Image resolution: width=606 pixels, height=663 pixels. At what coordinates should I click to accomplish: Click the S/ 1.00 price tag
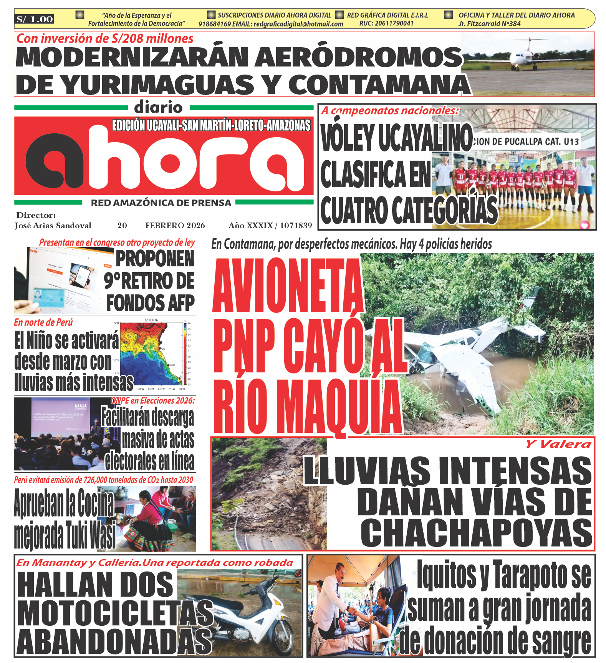coord(35,19)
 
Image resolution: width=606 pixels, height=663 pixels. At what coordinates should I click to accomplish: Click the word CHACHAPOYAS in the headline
coord(476,532)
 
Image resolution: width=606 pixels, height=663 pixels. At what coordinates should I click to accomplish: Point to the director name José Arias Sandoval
coord(53,226)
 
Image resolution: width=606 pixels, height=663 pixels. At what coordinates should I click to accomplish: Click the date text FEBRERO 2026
coord(175,226)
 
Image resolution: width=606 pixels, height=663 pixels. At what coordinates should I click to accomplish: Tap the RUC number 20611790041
coord(386,23)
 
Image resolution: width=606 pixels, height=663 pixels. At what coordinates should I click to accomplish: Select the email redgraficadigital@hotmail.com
coord(298,24)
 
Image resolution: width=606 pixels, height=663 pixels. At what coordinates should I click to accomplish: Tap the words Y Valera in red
coord(558,444)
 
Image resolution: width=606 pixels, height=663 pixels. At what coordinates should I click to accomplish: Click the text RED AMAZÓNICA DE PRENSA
coord(161,203)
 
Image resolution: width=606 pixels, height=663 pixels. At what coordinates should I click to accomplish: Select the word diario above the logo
coord(158,108)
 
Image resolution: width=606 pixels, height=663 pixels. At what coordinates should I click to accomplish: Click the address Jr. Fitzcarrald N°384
coord(489,24)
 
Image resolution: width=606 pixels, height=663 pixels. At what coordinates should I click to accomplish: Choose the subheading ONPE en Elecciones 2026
coord(153,400)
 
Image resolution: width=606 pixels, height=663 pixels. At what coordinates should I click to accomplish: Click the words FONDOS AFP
coord(150,302)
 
